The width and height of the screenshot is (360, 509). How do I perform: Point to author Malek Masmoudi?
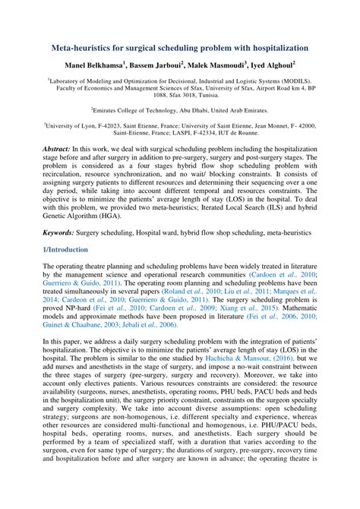tap(221, 65)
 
